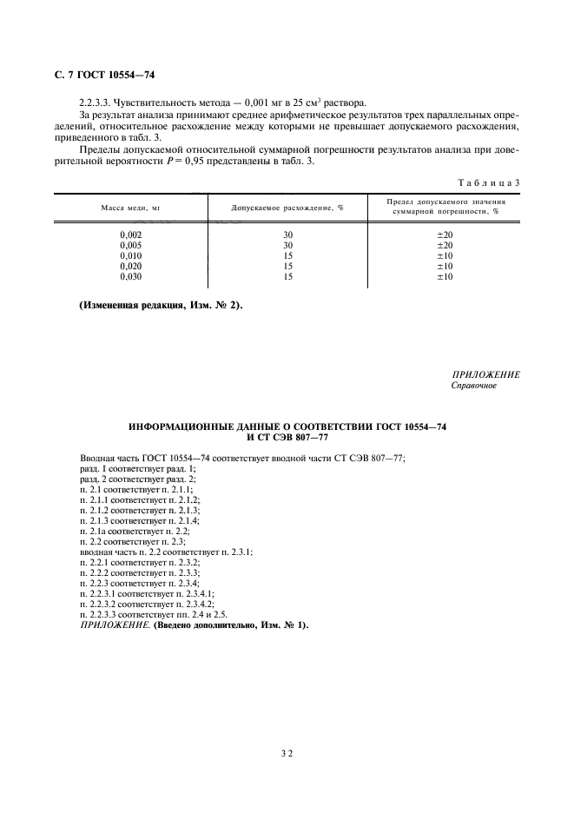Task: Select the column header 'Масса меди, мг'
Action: coord(129,208)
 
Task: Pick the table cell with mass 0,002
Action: coord(130,235)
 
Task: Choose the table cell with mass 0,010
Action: coord(130,256)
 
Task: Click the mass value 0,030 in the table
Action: coord(130,277)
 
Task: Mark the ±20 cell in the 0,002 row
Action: coord(444,235)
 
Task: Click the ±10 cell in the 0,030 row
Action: coord(444,277)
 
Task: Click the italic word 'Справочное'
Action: coord(473,385)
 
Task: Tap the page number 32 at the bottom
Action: coord(287,756)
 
